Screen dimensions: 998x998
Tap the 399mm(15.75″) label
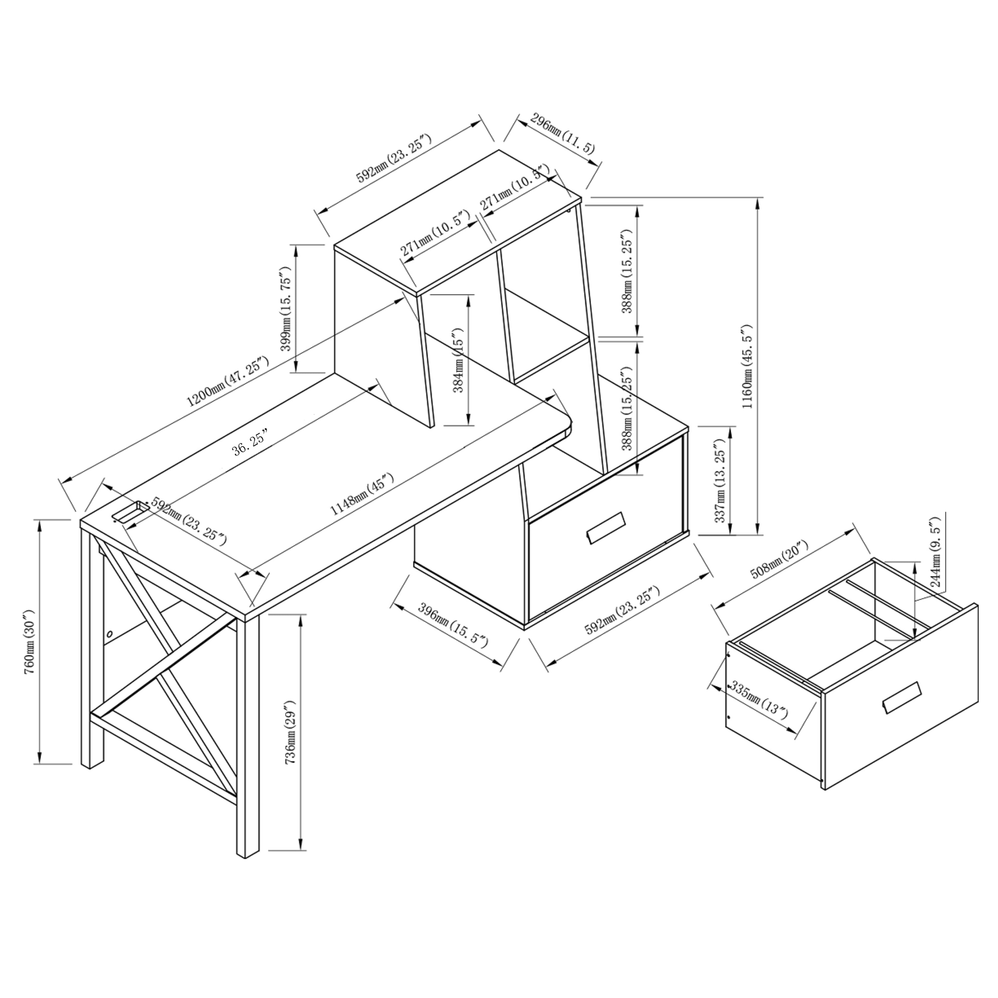pyautogui.click(x=286, y=309)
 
